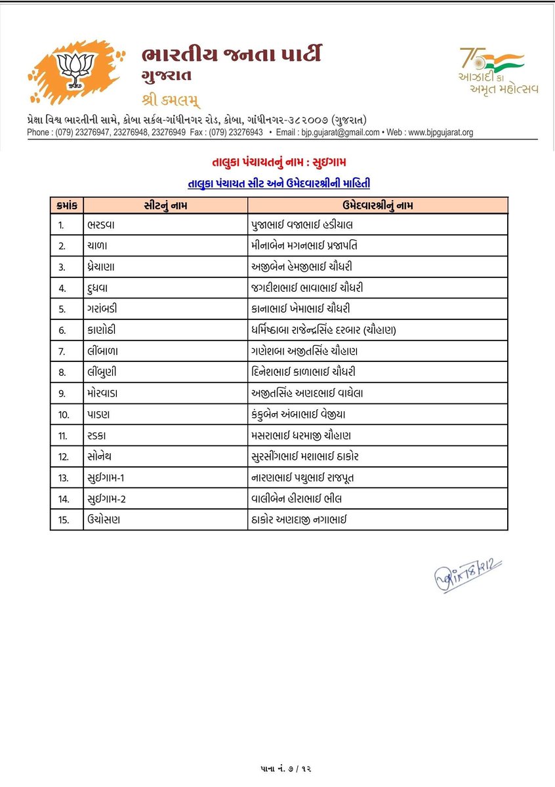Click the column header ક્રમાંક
[x=66, y=205]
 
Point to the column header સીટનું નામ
[x=163, y=205]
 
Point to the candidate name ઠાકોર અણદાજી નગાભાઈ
[x=298, y=519]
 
